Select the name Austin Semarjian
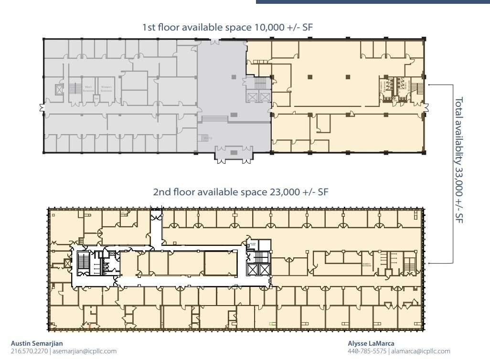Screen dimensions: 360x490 pos(37,343)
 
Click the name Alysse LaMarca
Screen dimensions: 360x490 pos(371,343)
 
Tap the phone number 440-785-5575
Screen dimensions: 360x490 pos(367,351)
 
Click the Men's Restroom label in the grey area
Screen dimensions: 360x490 pos(88,88)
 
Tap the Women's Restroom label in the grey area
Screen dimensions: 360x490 pos(106,88)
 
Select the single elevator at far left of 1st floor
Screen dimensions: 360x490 pos(59,90)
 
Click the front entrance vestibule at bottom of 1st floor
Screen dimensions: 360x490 pos(234,153)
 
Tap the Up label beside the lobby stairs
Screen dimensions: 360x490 pos(210,138)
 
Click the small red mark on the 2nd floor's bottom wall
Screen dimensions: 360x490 pos(89,327)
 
